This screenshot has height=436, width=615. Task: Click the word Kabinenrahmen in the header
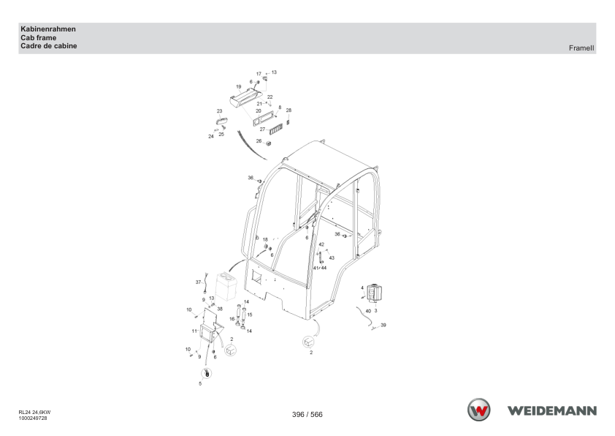coord(48,29)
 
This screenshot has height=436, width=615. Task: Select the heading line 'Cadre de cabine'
coord(49,46)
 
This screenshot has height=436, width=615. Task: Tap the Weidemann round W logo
coord(479,410)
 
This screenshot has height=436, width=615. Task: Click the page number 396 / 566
coord(307,414)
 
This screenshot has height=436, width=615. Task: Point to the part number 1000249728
coord(33,418)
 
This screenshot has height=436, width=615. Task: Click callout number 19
coord(238,87)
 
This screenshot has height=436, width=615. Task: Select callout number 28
coord(289,110)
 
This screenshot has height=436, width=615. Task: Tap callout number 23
coord(219,111)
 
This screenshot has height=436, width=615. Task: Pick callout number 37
coord(198,282)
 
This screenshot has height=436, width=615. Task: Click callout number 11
coord(194,331)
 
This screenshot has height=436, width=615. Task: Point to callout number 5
coord(200,384)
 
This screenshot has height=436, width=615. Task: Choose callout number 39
coord(383,326)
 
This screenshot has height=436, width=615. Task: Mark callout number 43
coord(332,258)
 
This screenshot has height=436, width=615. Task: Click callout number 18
coord(265,240)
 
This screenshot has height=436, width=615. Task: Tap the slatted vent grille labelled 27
coord(276,129)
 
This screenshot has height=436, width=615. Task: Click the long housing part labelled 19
coord(245,97)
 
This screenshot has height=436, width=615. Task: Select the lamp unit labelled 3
coord(374,293)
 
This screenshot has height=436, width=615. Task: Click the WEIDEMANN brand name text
coord(552,411)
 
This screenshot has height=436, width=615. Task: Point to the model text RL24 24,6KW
coord(34,413)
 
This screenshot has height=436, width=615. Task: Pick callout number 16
coord(232,319)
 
